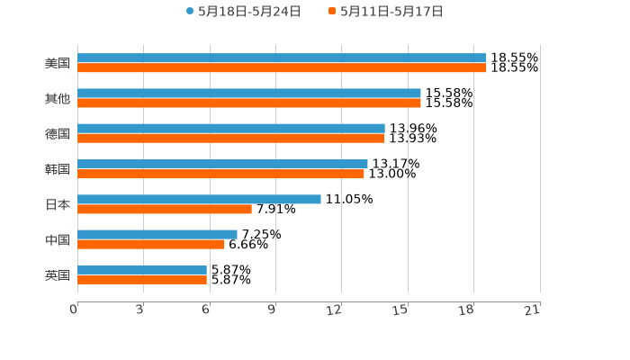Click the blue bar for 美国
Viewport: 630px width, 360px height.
pyautogui.click(x=282, y=58)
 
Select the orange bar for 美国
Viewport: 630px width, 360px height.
pyautogui.click(x=282, y=67)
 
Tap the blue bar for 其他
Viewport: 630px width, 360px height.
pyautogui.click(x=249, y=94)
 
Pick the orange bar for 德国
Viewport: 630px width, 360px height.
pyautogui.click(x=230, y=138)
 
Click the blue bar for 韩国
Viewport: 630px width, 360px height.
pyautogui.click(x=222, y=164)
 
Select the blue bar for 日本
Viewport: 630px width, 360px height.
pyautogui.click(x=199, y=199)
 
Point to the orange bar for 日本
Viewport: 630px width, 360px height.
pyautogui.click(x=165, y=209)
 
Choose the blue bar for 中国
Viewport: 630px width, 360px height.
pyautogui.click(x=157, y=234)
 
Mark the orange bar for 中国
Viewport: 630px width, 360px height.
pyautogui.click(x=151, y=244)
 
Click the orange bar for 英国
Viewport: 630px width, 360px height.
pyautogui.click(x=142, y=279)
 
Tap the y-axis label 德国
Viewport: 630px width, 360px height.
pyautogui.click(x=58, y=133)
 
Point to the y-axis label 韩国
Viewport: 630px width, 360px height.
pyautogui.click(x=58, y=169)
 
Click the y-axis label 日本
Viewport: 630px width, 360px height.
pyautogui.click(x=58, y=204)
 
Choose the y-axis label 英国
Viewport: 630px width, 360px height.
pyautogui.click(x=58, y=274)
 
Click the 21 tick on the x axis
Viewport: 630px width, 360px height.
pyautogui.click(x=533, y=310)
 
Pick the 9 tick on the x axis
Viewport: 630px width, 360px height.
pyautogui.click(x=272, y=310)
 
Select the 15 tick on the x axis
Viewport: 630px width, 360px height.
pyautogui.click(x=400, y=310)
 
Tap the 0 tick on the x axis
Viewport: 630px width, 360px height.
pyautogui.click(x=74, y=310)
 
